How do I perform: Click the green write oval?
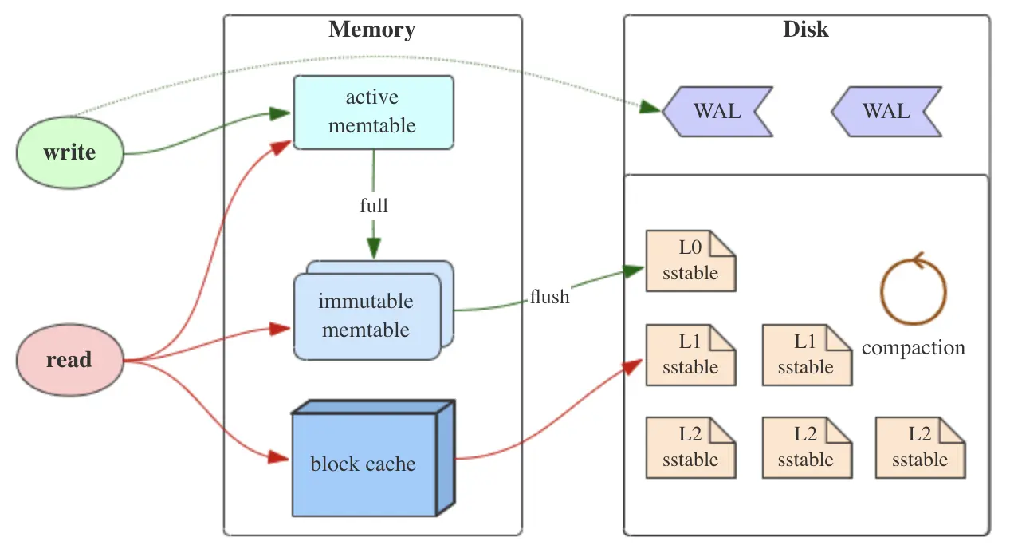(x=70, y=153)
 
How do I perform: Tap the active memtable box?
(x=373, y=112)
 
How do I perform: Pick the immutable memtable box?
(x=366, y=316)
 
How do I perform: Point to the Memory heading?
(x=371, y=30)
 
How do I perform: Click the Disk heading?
(x=805, y=30)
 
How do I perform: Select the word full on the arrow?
(x=373, y=206)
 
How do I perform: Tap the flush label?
(x=550, y=298)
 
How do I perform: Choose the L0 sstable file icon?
(x=690, y=261)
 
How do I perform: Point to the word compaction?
(x=914, y=348)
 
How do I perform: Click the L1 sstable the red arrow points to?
(x=690, y=355)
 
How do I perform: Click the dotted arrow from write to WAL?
(x=359, y=60)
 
